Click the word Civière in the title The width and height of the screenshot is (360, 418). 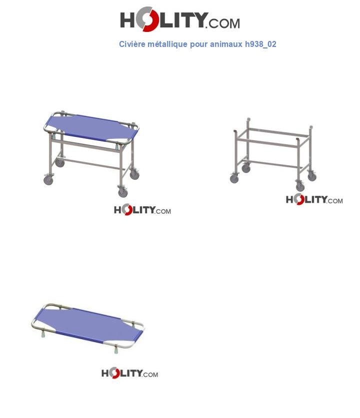coord(132,44)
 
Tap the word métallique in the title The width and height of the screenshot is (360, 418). coord(167,44)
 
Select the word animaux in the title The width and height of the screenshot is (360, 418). coord(226,44)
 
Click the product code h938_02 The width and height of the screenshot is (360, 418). coord(260,44)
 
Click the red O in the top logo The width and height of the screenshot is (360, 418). coord(145,20)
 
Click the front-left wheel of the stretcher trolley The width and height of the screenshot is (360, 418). coord(48,180)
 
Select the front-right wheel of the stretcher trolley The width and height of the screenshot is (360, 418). coord(123,192)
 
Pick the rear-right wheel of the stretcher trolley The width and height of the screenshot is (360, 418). coord(134,175)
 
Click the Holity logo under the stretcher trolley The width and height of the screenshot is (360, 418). coord(142,210)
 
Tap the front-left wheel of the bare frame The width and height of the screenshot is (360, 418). coord(234,179)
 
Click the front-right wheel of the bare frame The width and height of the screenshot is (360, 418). coord(300,187)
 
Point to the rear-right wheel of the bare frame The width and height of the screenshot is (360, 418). coord(312,176)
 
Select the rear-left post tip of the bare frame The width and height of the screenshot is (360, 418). coord(248,120)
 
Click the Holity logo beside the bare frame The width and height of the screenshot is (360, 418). coord(314,200)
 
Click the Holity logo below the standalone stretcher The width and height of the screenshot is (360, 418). coord(129,374)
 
